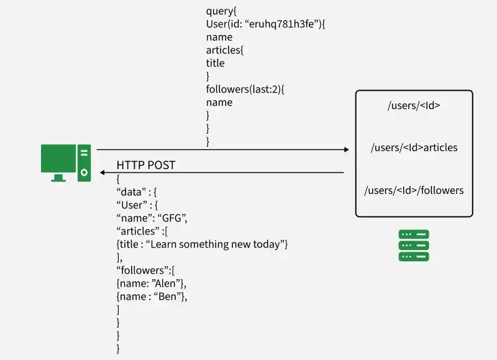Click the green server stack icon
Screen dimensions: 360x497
(414, 246)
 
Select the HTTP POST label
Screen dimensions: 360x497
(146, 165)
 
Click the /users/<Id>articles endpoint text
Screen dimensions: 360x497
(414, 147)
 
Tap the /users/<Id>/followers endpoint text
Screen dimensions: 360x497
(414, 190)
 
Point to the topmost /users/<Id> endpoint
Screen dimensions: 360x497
(414, 105)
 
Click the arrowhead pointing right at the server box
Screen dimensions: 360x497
(346, 150)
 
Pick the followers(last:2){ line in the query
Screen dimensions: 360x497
(245, 90)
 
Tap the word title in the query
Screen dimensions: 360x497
(216, 63)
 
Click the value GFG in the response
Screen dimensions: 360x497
(171, 218)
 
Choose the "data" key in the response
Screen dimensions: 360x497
(132, 192)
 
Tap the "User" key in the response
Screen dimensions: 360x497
(132, 205)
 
